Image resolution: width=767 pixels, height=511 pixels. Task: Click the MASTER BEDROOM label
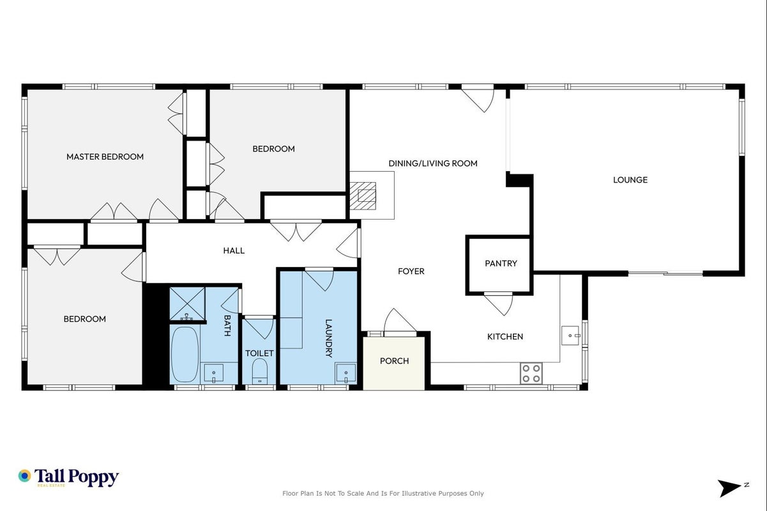105,157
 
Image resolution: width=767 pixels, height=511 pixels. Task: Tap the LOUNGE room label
630,180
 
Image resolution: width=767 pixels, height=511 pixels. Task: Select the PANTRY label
501,263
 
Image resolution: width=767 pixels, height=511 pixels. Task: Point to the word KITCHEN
505,337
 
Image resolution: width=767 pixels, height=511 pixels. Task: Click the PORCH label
394,361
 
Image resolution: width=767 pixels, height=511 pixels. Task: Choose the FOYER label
411,271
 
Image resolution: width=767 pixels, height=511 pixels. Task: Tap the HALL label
234,250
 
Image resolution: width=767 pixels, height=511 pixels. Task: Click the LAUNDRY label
328,339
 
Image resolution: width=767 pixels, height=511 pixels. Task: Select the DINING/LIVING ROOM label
433,164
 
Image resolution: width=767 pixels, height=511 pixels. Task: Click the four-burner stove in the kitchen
531,373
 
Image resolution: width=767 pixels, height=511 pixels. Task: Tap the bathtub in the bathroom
185,354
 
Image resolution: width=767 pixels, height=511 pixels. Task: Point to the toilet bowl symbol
259,371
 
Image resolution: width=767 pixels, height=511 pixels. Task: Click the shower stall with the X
187,304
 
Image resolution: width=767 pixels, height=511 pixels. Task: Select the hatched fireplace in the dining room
363,195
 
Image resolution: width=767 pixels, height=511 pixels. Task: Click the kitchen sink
570,335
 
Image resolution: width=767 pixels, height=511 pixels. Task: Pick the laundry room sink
346,373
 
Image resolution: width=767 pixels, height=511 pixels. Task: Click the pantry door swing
499,303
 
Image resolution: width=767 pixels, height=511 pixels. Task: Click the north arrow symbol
730,489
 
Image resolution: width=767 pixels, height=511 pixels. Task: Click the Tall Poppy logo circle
24,476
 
